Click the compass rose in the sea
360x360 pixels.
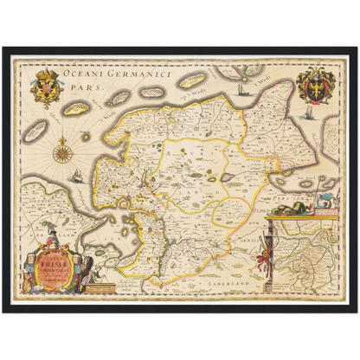click(62, 154)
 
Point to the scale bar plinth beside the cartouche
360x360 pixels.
click(100, 277)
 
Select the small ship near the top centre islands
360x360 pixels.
click(239, 89)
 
